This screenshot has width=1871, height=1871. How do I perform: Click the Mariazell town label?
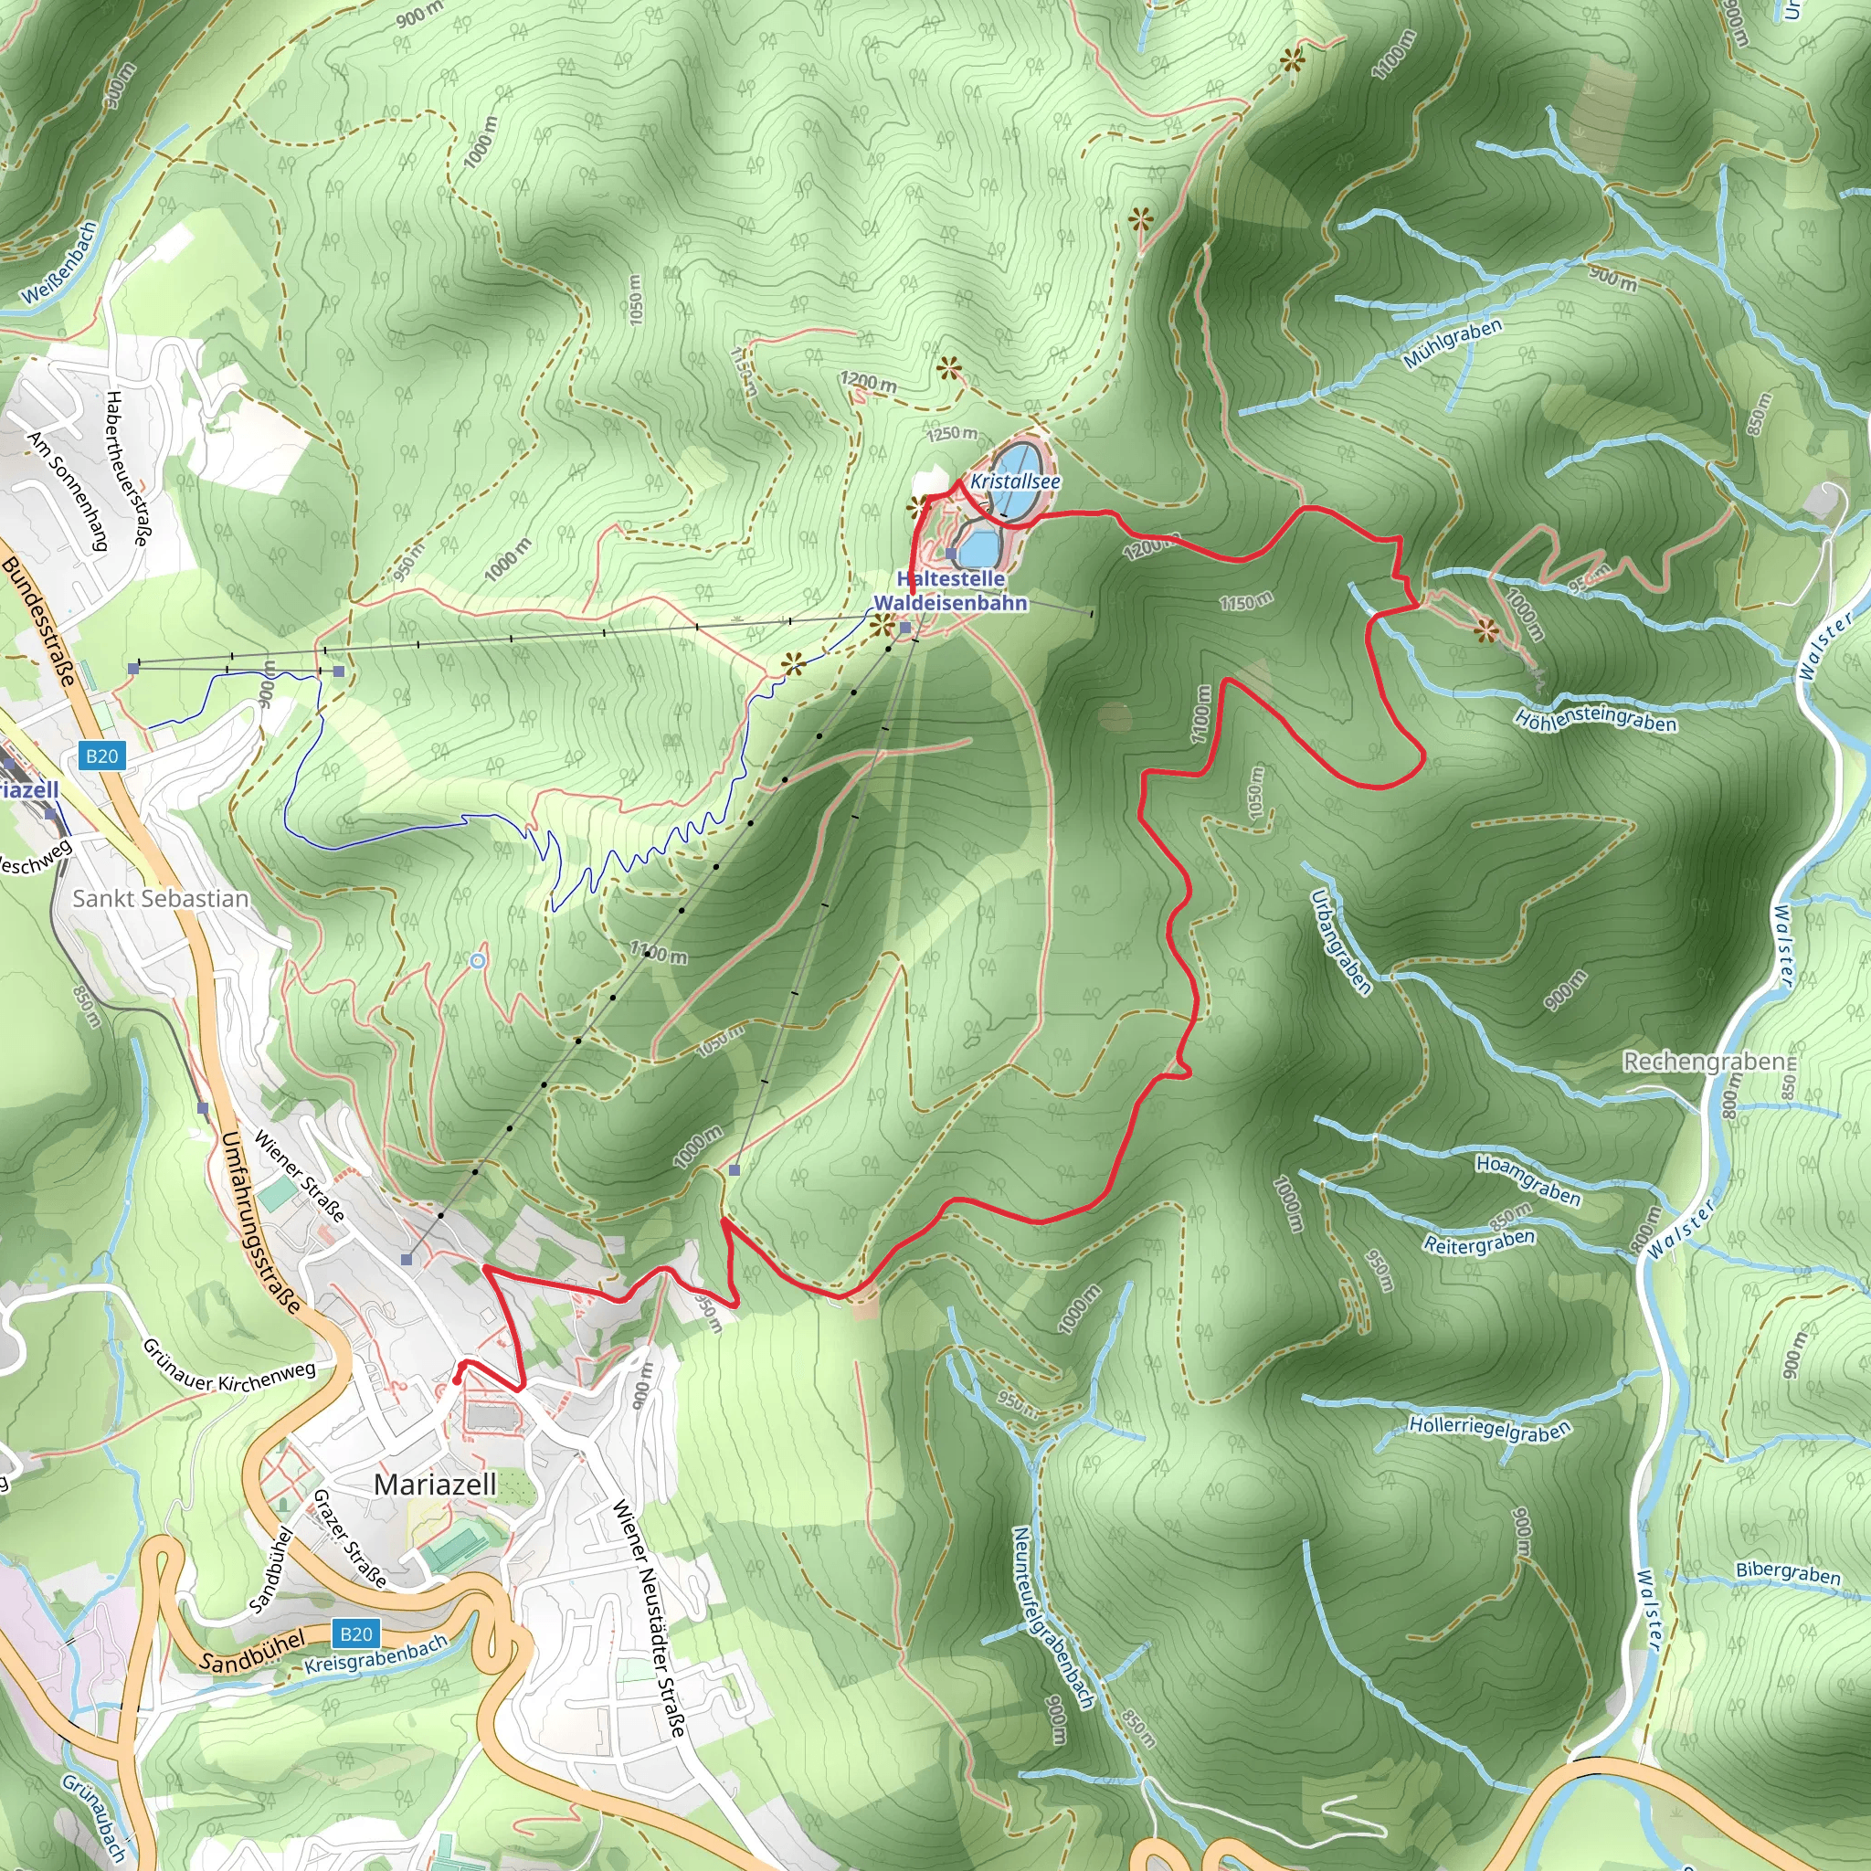[435, 1484]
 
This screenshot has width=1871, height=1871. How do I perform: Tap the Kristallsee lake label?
[1014, 481]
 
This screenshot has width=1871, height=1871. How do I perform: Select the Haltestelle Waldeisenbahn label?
[950, 591]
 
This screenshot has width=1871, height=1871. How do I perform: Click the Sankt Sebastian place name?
[161, 898]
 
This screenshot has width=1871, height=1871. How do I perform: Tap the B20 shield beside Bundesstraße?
[101, 756]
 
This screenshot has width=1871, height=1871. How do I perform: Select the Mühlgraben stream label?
[1453, 343]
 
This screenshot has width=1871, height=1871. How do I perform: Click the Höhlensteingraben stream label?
[1595, 720]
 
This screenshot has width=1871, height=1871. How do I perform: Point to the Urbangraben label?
[1341, 941]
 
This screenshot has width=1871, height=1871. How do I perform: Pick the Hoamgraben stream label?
[1528, 1179]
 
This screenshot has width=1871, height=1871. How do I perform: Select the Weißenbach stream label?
[60, 262]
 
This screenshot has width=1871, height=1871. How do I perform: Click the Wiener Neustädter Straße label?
[649, 1617]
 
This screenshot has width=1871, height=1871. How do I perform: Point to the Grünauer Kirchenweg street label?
[228, 1366]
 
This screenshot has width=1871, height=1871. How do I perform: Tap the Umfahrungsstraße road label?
[259, 1221]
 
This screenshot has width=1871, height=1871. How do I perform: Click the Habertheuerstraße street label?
[127, 469]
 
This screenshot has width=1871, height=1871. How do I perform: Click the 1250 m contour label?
[953, 433]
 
